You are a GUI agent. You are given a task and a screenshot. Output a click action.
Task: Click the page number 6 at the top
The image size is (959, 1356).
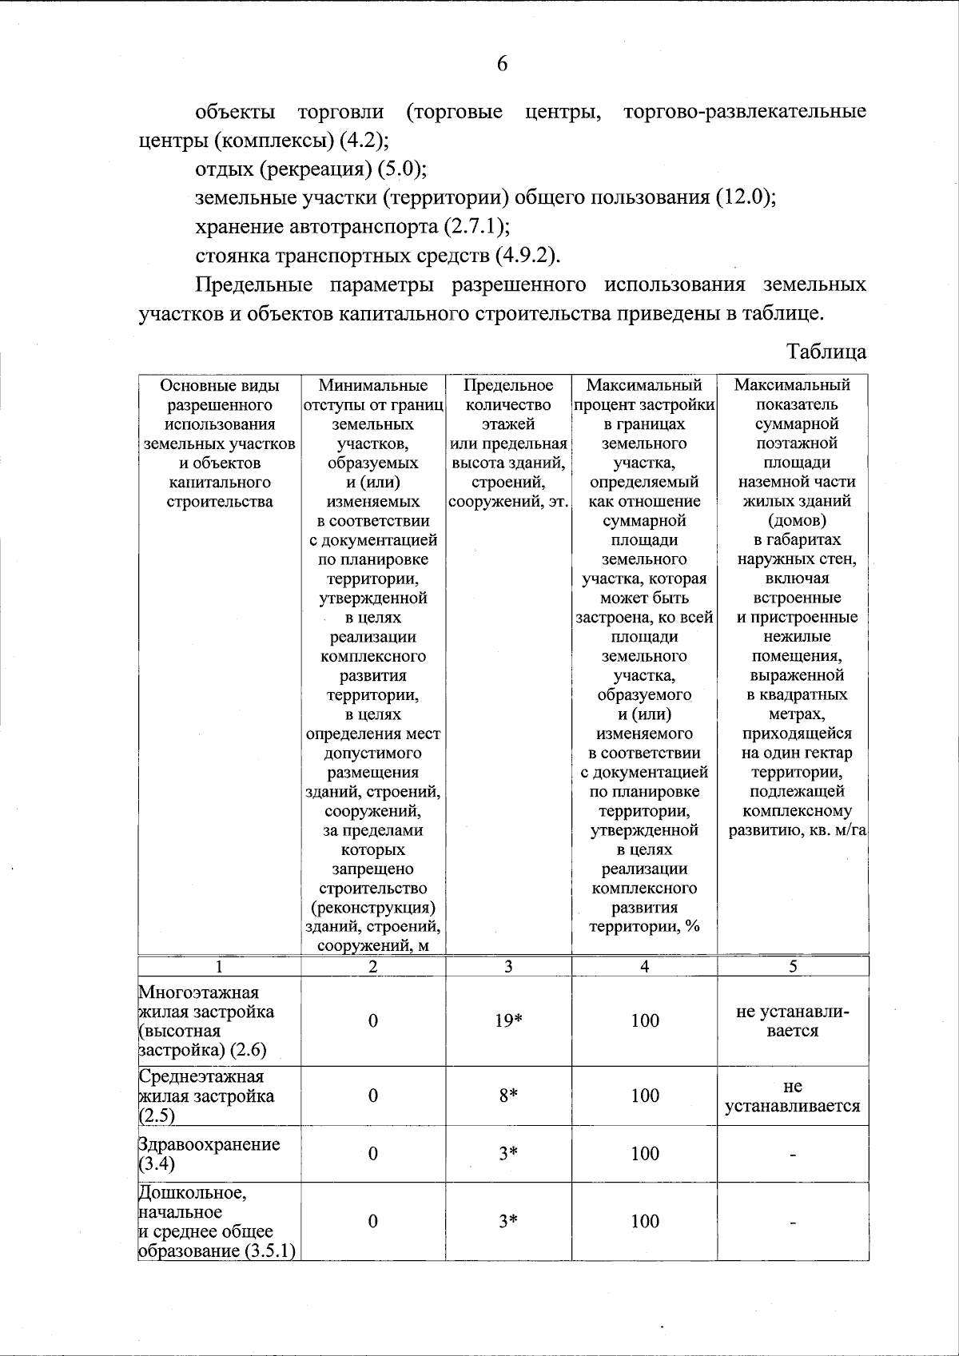pos(502,65)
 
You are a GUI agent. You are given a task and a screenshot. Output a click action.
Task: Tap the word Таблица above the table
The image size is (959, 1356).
pos(826,352)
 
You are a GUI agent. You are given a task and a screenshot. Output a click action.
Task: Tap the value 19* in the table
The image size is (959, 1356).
pos(508,1020)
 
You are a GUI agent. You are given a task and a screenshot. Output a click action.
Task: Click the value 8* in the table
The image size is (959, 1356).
pos(508,1096)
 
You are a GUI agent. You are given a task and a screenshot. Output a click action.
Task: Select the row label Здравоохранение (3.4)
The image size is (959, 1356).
pos(209,1153)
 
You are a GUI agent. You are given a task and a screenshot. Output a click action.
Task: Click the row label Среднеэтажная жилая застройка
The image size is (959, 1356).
pos(207,1096)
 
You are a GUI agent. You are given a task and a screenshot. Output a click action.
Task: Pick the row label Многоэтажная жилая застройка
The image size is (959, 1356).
pos(206,1020)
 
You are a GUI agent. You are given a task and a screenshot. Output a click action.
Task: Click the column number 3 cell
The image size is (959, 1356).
pos(508,966)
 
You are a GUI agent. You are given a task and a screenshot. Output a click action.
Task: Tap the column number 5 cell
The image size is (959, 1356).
pos(793,966)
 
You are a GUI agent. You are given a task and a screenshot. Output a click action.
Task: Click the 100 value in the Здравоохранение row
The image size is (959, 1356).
pos(644,1153)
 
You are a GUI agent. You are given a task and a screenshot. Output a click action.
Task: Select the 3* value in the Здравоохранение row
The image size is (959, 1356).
pos(508,1153)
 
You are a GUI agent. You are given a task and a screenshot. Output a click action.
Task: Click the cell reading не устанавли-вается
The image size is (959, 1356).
pos(792,1021)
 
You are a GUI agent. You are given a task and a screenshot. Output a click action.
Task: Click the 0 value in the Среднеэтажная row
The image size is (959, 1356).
pos(372,1096)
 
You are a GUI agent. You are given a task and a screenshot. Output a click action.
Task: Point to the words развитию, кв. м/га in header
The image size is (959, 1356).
pos(797,830)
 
